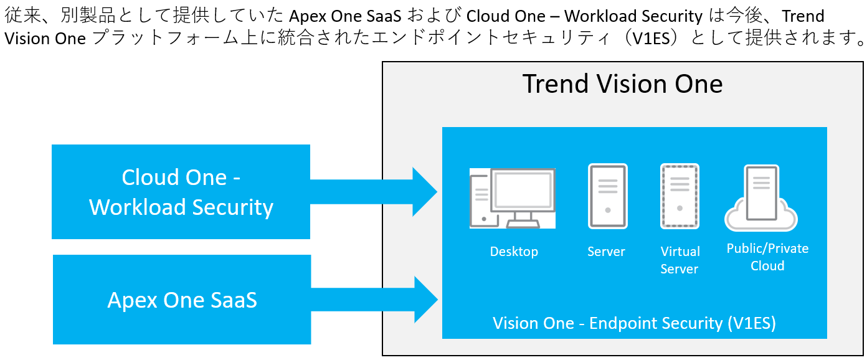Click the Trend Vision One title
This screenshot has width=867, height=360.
point(622,84)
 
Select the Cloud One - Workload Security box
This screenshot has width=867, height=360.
point(181,192)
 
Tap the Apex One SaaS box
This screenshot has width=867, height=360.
point(182,300)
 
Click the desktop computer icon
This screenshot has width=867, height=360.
point(512,198)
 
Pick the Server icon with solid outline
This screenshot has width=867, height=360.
point(607,196)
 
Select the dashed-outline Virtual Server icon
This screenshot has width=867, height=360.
point(680,196)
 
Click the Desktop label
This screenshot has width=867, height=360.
point(514,252)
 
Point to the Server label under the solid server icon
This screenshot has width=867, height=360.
point(606,252)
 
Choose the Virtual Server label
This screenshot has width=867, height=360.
point(680,260)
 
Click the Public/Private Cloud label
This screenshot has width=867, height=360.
point(767,257)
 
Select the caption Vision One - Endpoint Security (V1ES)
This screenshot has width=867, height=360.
point(634,323)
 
